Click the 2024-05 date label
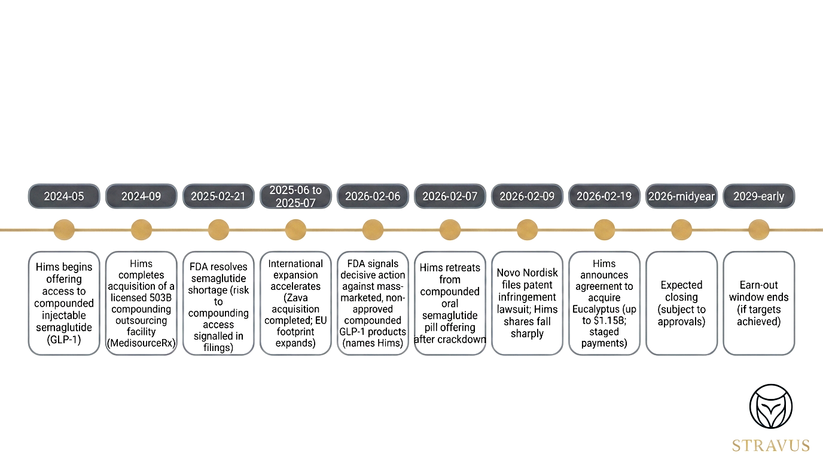pyautogui.click(x=64, y=196)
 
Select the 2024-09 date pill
pyautogui.click(x=141, y=196)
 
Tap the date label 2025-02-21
pyautogui.click(x=218, y=196)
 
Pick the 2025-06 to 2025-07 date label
pyautogui.click(x=295, y=196)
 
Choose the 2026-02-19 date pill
pyautogui.click(x=604, y=196)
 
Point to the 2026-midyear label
pyautogui.click(x=681, y=196)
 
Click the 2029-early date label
pyautogui.click(x=758, y=196)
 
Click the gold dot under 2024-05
pyautogui.click(x=64, y=229)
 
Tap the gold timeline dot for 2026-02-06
pyautogui.click(x=373, y=229)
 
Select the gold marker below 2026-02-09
pyautogui.click(x=527, y=229)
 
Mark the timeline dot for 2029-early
pyautogui.click(x=758, y=229)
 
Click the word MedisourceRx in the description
pyautogui.click(x=141, y=343)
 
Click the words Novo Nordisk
pyautogui.click(x=527, y=273)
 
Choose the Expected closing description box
pyautogui.click(x=681, y=303)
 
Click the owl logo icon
pyautogui.click(x=771, y=407)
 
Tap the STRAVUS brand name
pyautogui.click(x=771, y=446)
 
